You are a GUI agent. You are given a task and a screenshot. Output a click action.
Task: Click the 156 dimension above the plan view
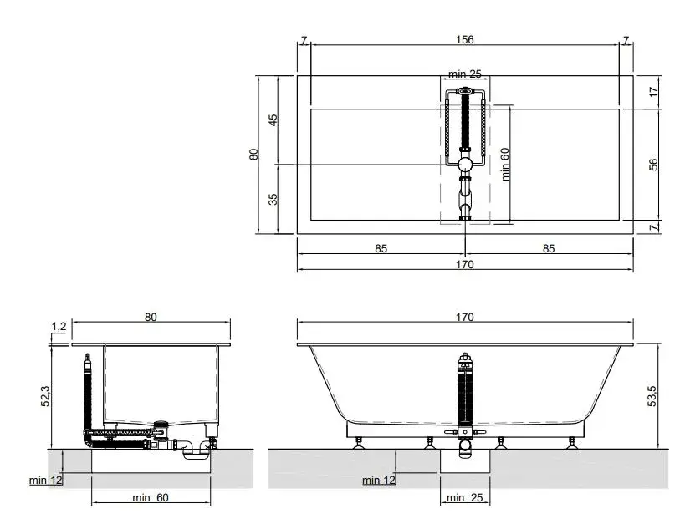click(x=464, y=40)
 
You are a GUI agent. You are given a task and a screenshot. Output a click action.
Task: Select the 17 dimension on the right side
click(x=653, y=92)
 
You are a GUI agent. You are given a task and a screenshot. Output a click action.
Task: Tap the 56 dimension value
click(x=653, y=165)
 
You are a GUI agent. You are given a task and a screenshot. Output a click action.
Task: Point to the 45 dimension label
click(x=273, y=120)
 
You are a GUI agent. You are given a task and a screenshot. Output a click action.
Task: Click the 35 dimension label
click(x=273, y=199)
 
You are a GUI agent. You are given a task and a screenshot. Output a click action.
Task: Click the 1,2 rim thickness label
click(x=59, y=327)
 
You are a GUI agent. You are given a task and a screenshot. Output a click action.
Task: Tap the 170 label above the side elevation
click(x=464, y=318)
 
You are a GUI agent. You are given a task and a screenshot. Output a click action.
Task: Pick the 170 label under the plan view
click(x=464, y=264)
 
